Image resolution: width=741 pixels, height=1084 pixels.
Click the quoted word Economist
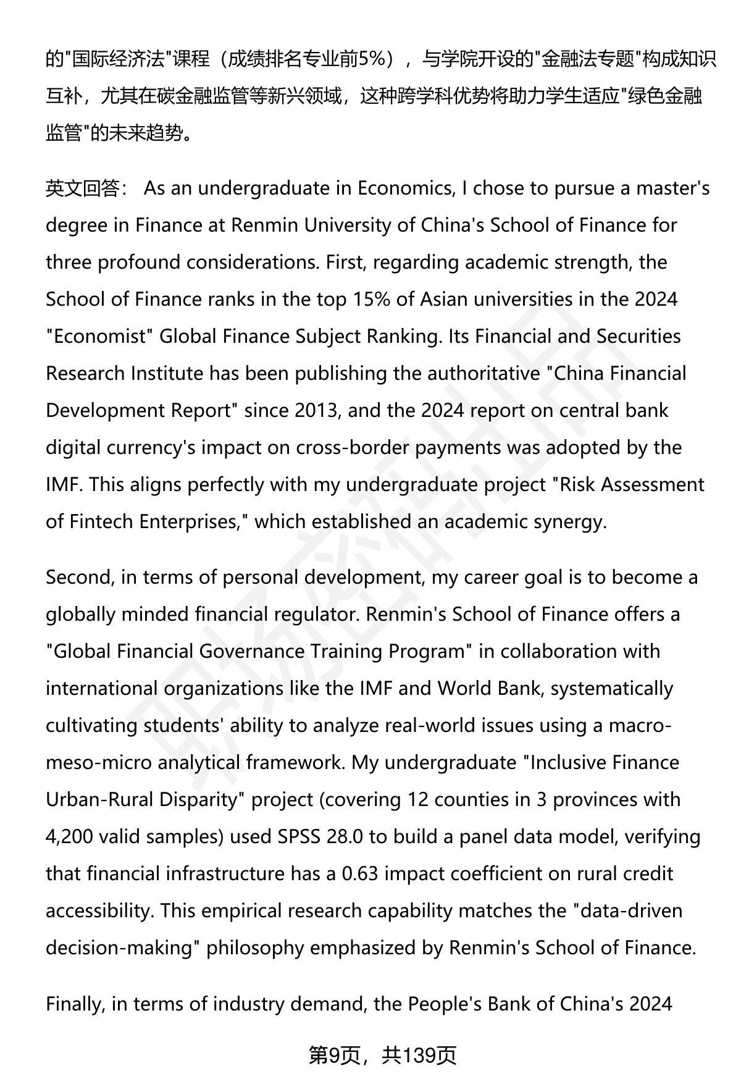[x=99, y=337]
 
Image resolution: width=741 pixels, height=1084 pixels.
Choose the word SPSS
[x=299, y=837]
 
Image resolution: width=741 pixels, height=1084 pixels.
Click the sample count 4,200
[x=69, y=837]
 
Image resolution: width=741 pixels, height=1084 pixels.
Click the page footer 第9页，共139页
[x=382, y=1056]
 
